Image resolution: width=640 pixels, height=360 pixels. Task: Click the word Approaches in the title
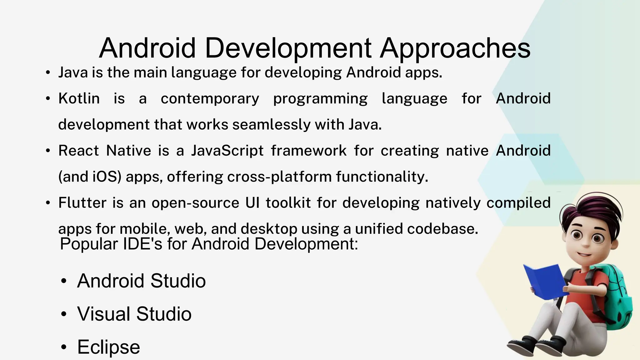455,48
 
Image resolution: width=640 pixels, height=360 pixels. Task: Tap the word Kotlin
79,99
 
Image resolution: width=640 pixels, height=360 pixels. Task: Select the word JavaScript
227,151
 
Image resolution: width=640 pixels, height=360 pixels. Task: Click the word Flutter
82,203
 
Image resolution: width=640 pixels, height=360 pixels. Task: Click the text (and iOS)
90,177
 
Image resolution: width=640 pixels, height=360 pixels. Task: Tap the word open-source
195,203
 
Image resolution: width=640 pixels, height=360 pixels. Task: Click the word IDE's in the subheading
142,244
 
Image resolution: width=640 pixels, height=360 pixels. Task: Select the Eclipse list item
108,347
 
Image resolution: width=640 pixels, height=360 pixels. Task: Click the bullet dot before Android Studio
64,281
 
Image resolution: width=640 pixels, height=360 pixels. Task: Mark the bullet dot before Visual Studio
64,314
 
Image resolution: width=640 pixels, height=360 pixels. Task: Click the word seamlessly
271,125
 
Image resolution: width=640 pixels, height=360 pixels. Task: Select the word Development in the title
288,48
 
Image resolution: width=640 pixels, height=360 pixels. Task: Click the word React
78,151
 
